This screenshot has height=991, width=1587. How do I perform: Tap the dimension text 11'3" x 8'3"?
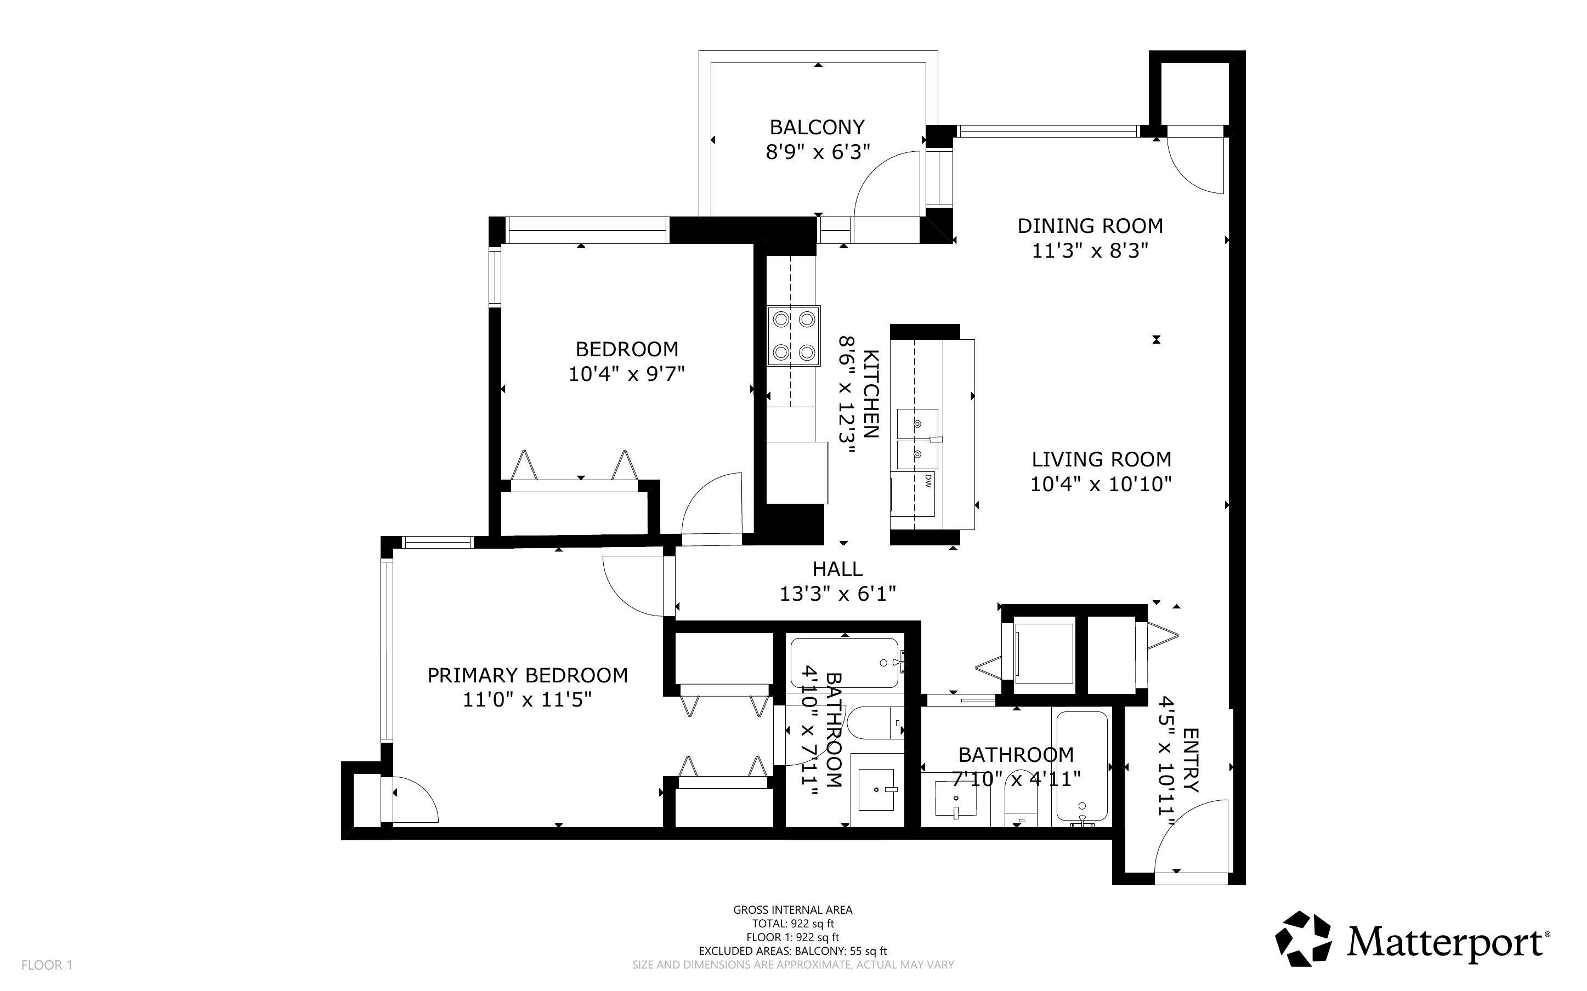pos(1090,251)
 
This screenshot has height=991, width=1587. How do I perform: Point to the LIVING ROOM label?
pos(1101,459)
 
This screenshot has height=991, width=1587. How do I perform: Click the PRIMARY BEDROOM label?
pos(527,675)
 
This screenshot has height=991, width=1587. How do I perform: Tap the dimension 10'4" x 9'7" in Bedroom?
pos(626,374)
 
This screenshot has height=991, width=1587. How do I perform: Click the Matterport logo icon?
pos(1303,938)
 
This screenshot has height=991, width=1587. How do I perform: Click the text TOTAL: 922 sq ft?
pos(792,924)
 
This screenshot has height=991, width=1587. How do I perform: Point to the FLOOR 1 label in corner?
pos(47,965)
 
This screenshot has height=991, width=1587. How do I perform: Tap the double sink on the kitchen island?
pos(917,438)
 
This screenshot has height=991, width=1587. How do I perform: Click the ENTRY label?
pos(1190,760)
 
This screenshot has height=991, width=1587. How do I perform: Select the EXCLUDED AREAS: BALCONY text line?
pos(792,951)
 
